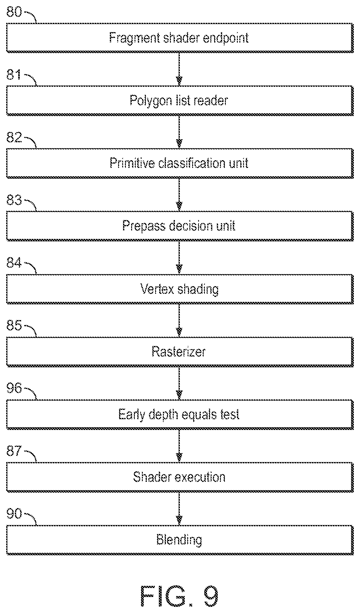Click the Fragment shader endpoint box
pos(180,37)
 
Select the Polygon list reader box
pos(180,100)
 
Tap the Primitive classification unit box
pos(180,163)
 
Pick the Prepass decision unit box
pos(180,226)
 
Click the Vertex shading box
pos(180,289)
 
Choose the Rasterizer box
pos(180,352)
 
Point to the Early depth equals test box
pos(180,414)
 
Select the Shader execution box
pos(180,477)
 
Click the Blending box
pos(180,540)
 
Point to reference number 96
pos(14,388)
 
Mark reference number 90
pos(14,514)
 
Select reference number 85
pos(14,326)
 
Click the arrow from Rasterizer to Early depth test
pos(179,383)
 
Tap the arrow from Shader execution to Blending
pos(179,508)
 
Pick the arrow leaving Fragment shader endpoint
pos(179,69)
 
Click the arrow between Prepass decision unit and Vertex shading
pos(179,257)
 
